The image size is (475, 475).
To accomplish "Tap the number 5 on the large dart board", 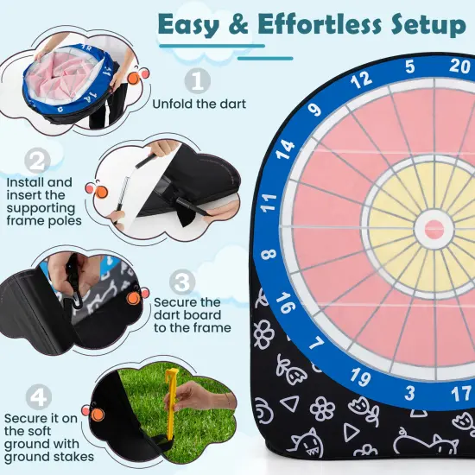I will coord(409,66).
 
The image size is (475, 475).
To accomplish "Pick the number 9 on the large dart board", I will coord(315,110).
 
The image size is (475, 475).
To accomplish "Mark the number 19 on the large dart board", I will coord(360,377).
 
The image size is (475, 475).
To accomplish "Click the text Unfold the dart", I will coord(199,104).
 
